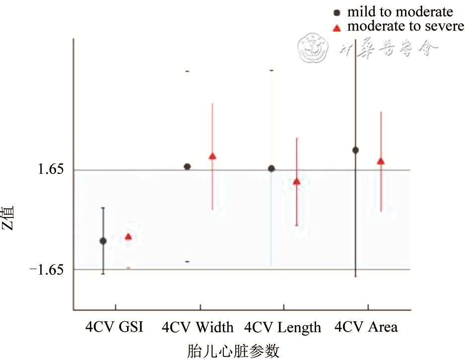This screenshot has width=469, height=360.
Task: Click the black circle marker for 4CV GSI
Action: pyautogui.click(x=103, y=241)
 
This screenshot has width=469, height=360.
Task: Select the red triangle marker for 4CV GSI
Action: pyautogui.click(x=128, y=236)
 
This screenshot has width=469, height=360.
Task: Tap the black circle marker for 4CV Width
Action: pyautogui.click(x=188, y=166)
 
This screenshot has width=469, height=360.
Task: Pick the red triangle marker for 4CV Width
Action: pyautogui.click(x=212, y=156)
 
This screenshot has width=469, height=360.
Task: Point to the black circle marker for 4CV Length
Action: pyautogui.click(x=271, y=168)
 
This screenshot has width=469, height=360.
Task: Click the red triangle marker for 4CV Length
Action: pyautogui.click(x=297, y=181)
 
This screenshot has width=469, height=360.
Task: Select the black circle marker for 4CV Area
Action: pyautogui.click(x=355, y=150)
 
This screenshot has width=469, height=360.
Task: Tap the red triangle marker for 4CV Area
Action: pyautogui.click(x=381, y=161)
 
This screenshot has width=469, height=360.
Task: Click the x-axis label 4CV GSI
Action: pyautogui.click(x=114, y=327)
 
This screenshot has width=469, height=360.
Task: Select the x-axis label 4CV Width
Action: pyautogui.click(x=198, y=327)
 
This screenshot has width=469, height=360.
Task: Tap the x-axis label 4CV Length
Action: pyautogui.click(x=283, y=327)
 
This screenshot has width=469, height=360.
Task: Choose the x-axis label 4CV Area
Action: pyautogui.click(x=366, y=327)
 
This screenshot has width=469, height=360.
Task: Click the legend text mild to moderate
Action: pyautogui.click(x=400, y=11)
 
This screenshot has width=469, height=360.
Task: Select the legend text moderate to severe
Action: pyautogui.click(x=405, y=26)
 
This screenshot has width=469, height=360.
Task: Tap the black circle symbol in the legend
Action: pyautogui.click(x=337, y=12)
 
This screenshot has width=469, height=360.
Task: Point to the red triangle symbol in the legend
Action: pyautogui.click(x=337, y=27)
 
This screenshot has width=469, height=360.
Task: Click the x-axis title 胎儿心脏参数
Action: pyautogui.click(x=233, y=351)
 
